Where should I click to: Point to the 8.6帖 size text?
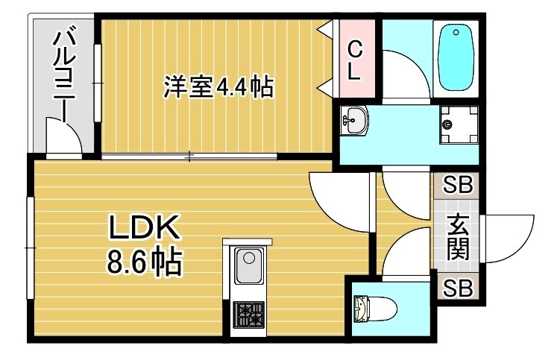pyautogui.click(x=146, y=261)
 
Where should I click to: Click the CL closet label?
pyautogui.click(x=356, y=62)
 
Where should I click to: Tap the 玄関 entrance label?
pyautogui.click(x=457, y=237)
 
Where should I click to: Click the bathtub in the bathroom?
pyautogui.click(x=456, y=57)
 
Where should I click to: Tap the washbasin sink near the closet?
pyautogui.click(x=355, y=121)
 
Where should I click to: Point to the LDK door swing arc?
pyautogui.click(x=339, y=195)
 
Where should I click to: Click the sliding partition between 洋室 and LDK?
pyautogui.click(x=190, y=157)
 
